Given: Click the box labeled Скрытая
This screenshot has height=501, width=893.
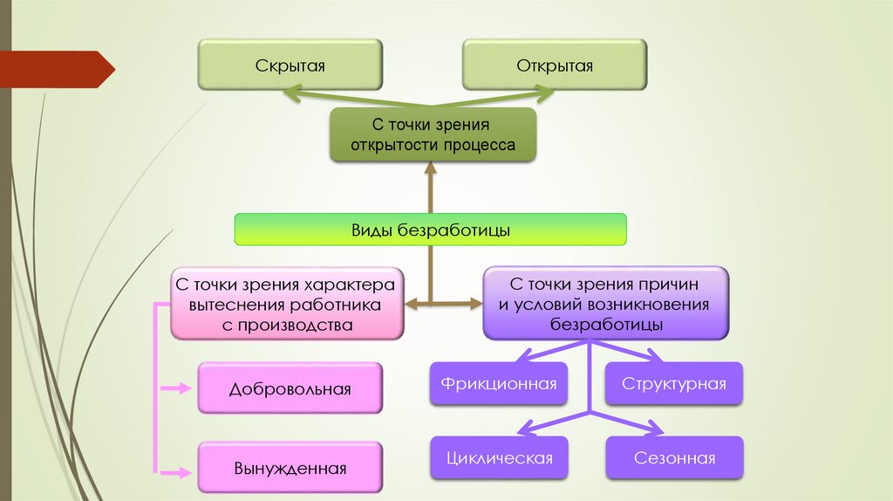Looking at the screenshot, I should click(x=290, y=65).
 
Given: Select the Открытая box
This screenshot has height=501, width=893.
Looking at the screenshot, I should click(x=555, y=65).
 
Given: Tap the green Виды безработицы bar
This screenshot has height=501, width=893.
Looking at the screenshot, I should click(x=431, y=230).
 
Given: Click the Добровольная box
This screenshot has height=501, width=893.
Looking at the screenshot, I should click(x=290, y=388).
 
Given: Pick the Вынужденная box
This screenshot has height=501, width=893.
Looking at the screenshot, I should click(x=290, y=468).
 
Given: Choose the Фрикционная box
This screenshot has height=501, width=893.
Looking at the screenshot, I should click(x=499, y=383).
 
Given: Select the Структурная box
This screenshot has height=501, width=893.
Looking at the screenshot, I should click(x=674, y=383).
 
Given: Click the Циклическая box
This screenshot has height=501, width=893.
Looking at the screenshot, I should click(x=499, y=458).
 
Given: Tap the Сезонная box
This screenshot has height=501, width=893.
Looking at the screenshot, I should click(x=674, y=458).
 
